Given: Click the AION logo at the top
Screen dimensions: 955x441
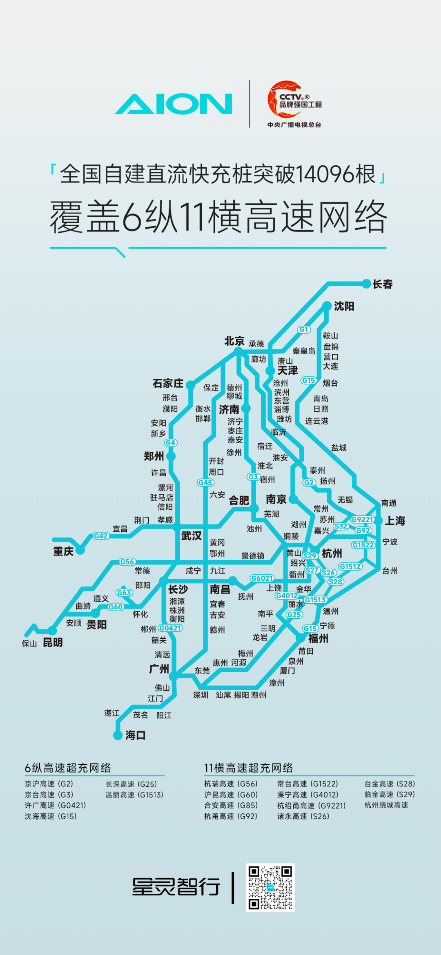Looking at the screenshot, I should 174,104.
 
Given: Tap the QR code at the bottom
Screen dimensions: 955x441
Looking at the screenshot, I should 270,887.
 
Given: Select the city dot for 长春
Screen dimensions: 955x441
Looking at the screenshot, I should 366,284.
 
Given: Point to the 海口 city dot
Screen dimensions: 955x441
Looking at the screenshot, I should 118,735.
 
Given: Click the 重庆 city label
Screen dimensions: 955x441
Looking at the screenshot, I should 63,551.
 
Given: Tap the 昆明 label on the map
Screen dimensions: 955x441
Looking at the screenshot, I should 53,642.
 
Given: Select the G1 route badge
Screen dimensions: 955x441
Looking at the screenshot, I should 304,329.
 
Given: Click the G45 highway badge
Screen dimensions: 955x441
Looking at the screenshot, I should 205,482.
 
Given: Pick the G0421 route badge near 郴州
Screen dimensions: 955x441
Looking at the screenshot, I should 170,628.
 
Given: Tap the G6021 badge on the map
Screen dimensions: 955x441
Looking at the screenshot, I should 262,578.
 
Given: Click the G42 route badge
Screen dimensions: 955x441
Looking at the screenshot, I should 101,536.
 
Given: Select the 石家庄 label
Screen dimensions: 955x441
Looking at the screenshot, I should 168,383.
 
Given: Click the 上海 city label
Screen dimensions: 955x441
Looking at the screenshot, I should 395,520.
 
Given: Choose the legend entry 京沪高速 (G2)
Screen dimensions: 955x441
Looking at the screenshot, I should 49,784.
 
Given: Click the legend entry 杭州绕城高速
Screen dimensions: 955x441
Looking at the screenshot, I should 386,805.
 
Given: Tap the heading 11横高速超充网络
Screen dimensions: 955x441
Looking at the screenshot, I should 248,768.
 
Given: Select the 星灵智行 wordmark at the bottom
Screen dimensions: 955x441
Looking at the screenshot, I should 176,887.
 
